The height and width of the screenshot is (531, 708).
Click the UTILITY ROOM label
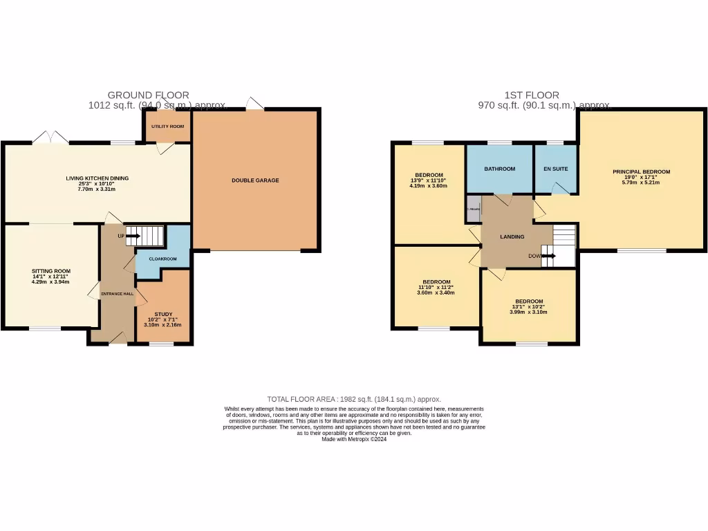[x=167, y=127]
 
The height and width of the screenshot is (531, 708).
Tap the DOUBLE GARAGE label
[x=255, y=180]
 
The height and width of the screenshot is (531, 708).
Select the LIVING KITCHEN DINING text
[x=97, y=178]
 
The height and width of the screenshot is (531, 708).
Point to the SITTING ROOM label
[x=50, y=271]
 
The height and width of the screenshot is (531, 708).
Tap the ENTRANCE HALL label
[x=117, y=294]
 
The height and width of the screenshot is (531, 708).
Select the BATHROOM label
[x=499, y=169]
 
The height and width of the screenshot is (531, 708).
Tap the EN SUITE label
[x=555, y=169]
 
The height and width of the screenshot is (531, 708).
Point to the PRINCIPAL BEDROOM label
[x=641, y=171]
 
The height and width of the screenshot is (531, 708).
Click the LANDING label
[x=512, y=236]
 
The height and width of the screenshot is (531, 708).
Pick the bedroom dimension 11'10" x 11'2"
[x=436, y=287]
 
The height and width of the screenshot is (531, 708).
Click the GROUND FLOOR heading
[x=148, y=95]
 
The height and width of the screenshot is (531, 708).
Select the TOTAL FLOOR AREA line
[x=354, y=399]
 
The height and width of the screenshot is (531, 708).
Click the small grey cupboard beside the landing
[x=473, y=209]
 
